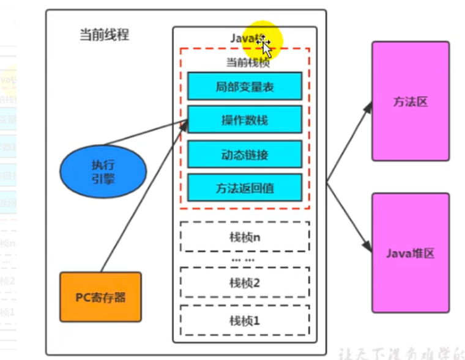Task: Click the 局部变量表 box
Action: (x=245, y=86)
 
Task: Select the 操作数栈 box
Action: (x=245, y=119)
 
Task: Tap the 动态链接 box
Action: (x=245, y=154)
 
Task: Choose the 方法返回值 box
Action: (x=245, y=188)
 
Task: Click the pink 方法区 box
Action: (x=410, y=101)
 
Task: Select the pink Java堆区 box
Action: (x=410, y=252)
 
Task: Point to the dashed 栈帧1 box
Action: (x=245, y=320)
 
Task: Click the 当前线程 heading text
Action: (x=105, y=34)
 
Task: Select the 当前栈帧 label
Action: (x=245, y=62)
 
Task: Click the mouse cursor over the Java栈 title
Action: (x=264, y=44)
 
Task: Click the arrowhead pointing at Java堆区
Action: (x=368, y=248)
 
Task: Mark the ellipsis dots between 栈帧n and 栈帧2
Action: (x=244, y=259)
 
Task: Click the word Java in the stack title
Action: (x=242, y=38)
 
